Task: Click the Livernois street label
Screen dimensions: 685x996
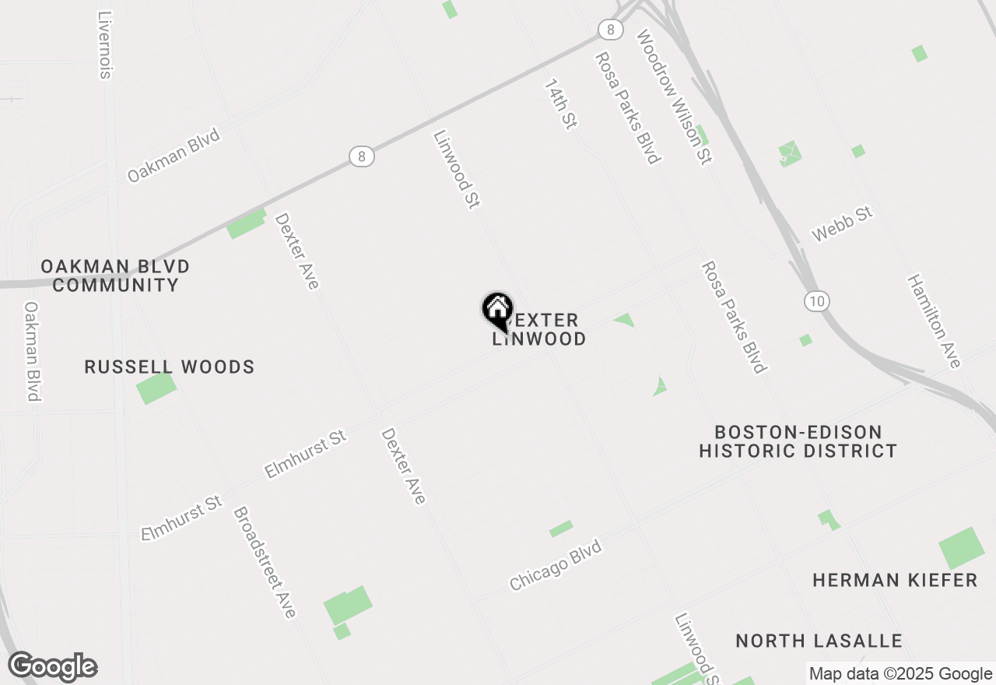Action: coord(106,44)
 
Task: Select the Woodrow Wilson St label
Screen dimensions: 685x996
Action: coord(674,97)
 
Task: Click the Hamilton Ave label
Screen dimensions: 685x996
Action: coord(934,321)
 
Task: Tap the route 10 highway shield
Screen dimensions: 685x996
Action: coord(818,301)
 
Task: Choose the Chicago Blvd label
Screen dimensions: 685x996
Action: coord(556,566)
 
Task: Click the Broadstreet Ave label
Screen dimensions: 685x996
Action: coord(265,562)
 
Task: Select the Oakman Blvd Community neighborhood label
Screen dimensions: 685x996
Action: coord(115,276)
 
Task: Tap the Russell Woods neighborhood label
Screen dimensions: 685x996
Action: coord(170,367)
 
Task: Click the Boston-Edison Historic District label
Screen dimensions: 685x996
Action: coord(798,441)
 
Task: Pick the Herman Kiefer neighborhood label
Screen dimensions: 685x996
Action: coord(895,580)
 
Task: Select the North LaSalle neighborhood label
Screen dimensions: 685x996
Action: coord(819,641)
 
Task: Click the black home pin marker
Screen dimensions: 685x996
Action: coord(497,312)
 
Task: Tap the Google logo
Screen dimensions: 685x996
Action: coord(53,666)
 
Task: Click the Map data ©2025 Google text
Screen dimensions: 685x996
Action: coord(900,674)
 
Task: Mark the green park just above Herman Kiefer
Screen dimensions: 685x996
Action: coord(961,548)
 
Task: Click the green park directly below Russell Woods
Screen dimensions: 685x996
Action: coord(156,388)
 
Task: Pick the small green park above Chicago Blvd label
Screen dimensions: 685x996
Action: coord(561,529)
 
